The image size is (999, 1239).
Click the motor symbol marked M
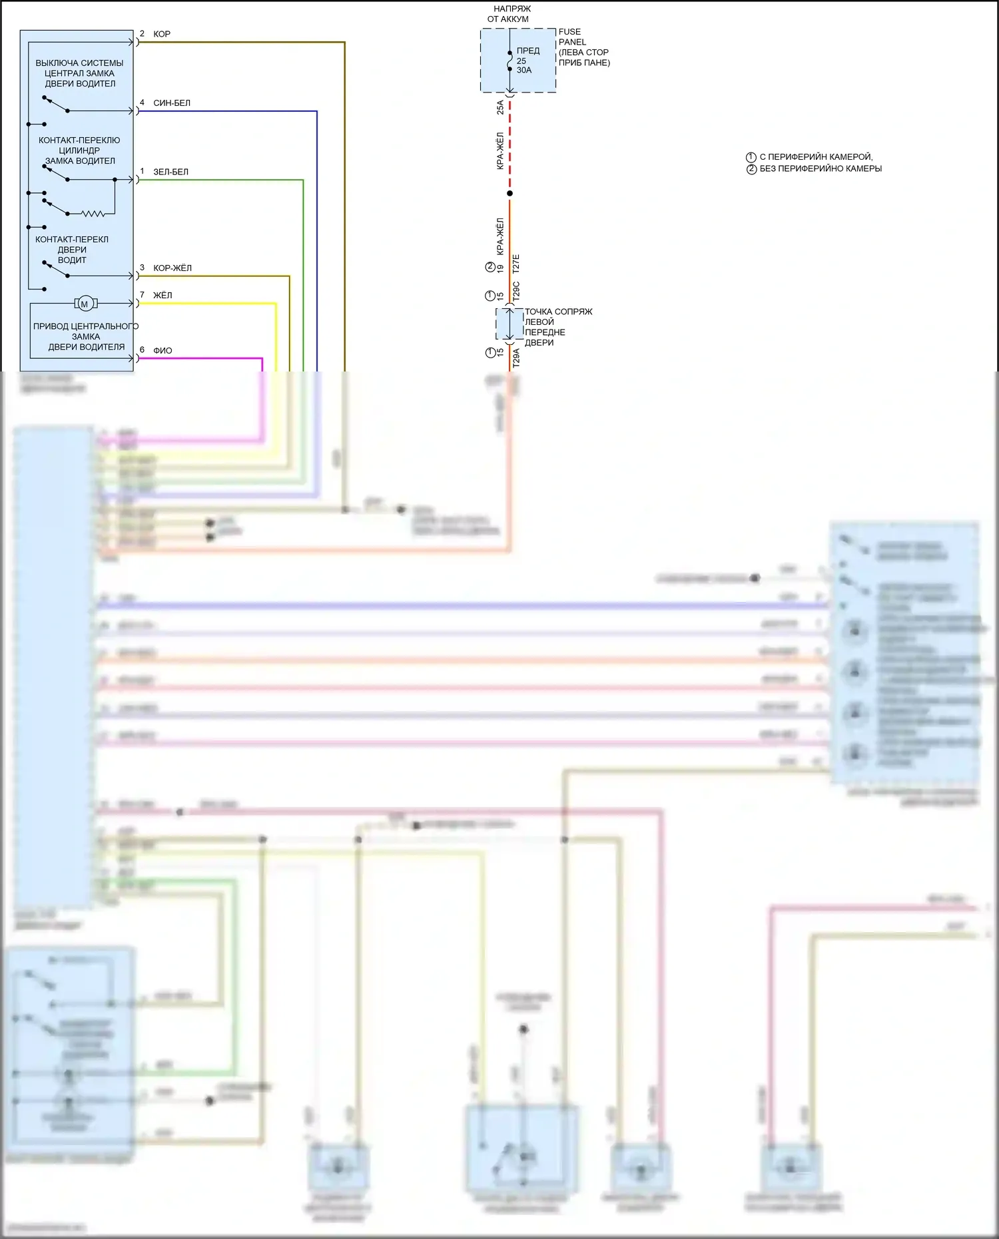pyautogui.click(x=85, y=304)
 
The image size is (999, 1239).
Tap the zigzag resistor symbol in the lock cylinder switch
pyautogui.click(x=93, y=214)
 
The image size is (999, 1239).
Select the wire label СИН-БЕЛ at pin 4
pyautogui.click(x=172, y=103)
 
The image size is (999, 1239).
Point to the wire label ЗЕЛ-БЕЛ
pyautogui.click(x=170, y=172)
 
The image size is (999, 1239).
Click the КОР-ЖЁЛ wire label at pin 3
pyautogui.click(x=172, y=268)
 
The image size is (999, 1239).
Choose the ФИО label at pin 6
pyautogui.click(x=163, y=350)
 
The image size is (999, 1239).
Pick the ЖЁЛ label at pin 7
pyautogui.click(x=163, y=295)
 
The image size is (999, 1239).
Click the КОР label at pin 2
pyautogui.click(x=162, y=34)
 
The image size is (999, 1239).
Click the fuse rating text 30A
pyautogui.click(x=524, y=70)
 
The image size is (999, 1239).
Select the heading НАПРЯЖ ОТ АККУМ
pyautogui.click(x=510, y=14)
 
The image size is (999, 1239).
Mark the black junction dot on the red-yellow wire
pyautogui.click(x=510, y=194)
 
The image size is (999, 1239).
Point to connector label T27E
pyautogui.click(x=516, y=264)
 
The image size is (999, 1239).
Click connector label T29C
pyautogui.click(x=516, y=292)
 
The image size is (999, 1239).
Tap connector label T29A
pyautogui.click(x=516, y=358)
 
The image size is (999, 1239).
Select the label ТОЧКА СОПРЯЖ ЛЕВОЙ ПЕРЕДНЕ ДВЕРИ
pyautogui.click(x=557, y=327)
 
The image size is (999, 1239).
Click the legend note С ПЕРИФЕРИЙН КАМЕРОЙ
pyautogui.click(x=815, y=157)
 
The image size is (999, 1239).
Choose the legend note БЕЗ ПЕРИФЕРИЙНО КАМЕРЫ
pyautogui.click(x=820, y=169)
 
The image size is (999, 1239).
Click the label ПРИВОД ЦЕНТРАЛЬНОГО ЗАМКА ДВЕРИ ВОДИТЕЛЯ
pyautogui.click(x=86, y=336)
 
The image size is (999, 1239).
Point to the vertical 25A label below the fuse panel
pyautogui.click(x=500, y=107)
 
